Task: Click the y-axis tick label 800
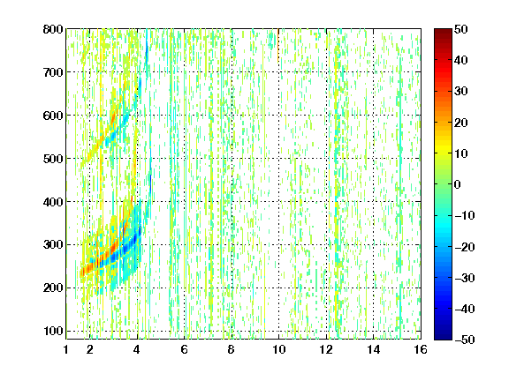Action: (x=53, y=29)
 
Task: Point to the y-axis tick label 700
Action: (x=53, y=72)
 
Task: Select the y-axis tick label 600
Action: (x=53, y=116)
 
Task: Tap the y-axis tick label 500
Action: (x=53, y=159)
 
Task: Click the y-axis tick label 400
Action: (x=53, y=202)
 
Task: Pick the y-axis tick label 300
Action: (x=53, y=245)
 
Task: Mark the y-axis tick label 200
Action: (x=53, y=288)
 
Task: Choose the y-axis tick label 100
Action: (x=53, y=331)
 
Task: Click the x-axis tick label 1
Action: (x=66, y=349)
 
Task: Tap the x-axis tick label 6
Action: (x=185, y=349)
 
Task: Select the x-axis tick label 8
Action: (x=232, y=349)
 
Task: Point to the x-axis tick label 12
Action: (x=326, y=349)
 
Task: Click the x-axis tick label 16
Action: (x=421, y=349)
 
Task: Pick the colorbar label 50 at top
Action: (x=461, y=29)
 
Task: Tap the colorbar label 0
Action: (x=458, y=184)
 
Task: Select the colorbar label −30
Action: (x=465, y=278)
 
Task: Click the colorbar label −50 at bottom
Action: (x=465, y=340)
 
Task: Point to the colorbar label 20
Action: (x=461, y=123)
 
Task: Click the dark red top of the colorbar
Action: (x=443, y=32)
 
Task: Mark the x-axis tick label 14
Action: (x=373, y=349)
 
